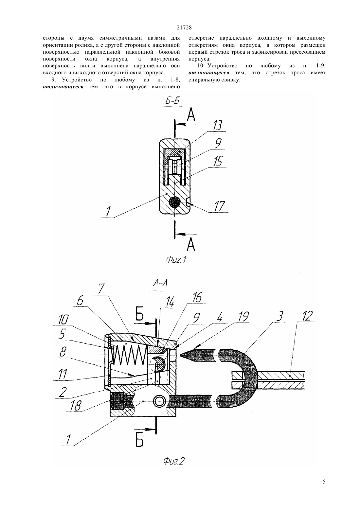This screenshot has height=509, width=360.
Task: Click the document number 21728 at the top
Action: [x=184, y=28]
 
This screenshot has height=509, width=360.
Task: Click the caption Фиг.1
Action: [x=176, y=259]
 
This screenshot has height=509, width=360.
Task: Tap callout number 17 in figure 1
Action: [x=219, y=206]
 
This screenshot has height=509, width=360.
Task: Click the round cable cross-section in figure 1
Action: [x=175, y=202]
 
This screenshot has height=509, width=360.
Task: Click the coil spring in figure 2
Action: [x=130, y=355]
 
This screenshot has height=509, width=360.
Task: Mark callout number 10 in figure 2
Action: [x=63, y=320]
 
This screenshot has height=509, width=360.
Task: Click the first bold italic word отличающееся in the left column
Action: [x=63, y=87]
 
